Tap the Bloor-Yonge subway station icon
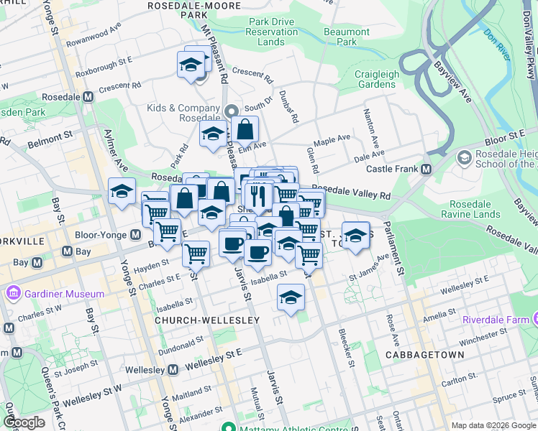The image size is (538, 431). coord(135,235)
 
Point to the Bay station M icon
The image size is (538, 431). coord(66,251)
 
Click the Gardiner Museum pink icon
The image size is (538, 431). coord(13,294)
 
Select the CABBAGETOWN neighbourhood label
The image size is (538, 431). coord(421,355)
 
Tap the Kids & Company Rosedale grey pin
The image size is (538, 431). coord(232,111)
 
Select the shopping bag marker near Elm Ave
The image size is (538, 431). coord(245,130)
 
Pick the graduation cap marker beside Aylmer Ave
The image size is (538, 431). coord(122,192)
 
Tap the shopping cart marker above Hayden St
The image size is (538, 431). coord(196,253)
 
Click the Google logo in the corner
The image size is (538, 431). coord(24,423)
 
